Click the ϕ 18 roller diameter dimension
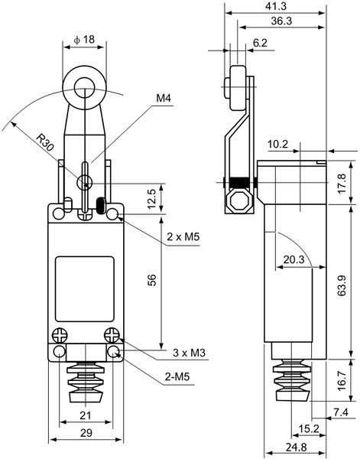click(x=85, y=40)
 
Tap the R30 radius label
click(x=45, y=142)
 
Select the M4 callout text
click(x=164, y=98)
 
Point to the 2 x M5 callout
click(x=183, y=236)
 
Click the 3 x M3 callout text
click(x=189, y=353)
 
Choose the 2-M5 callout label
click(x=177, y=376)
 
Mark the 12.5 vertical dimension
click(x=152, y=199)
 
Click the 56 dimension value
click(x=152, y=280)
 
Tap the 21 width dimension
click(x=86, y=415)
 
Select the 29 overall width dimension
click(x=86, y=433)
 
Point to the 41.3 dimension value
click(x=276, y=6)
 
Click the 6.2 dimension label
click(x=260, y=43)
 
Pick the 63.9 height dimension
click(x=342, y=285)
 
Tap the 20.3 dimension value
click(x=294, y=259)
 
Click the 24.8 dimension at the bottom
click(x=297, y=447)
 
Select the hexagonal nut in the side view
click(x=239, y=201)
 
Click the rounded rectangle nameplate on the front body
click(x=85, y=289)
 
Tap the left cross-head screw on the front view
click(x=60, y=336)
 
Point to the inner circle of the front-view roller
click(x=84, y=88)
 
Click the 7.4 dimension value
click(x=341, y=412)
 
